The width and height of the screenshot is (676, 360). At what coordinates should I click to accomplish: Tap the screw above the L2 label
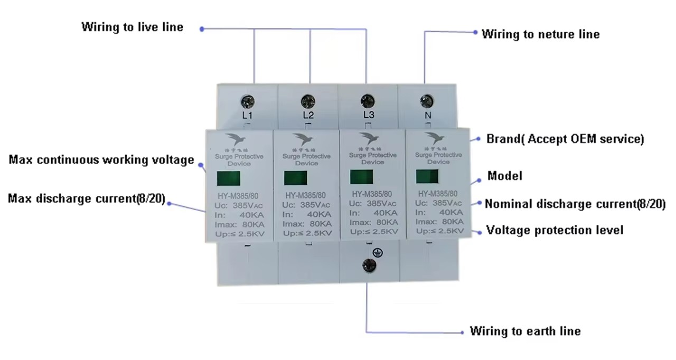pyautogui.click(x=308, y=101)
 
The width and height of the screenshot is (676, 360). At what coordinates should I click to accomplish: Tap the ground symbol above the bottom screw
pyautogui.click(x=376, y=252)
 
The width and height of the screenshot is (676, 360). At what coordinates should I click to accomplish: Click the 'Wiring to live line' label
pyautogui.click(x=132, y=27)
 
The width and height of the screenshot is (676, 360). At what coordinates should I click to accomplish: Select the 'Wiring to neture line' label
pyautogui.click(x=540, y=34)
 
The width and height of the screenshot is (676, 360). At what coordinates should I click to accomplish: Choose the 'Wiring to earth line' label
pyautogui.click(x=525, y=331)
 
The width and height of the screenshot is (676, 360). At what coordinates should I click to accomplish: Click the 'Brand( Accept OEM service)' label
pyautogui.click(x=565, y=139)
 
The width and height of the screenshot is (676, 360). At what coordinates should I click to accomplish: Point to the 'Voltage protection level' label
pyautogui.click(x=555, y=230)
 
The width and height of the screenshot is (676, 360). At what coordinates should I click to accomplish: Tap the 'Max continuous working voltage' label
pyautogui.click(x=101, y=160)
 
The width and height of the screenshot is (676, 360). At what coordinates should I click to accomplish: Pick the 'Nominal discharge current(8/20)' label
pyautogui.click(x=575, y=204)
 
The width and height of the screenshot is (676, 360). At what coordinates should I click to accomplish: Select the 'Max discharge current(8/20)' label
pyautogui.click(x=87, y=199)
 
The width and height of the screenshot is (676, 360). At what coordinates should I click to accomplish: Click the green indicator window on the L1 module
pyautogui.click(x=228, y=178)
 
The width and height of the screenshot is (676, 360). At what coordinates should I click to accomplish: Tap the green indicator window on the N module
pyautogui.click(x=427, y=176)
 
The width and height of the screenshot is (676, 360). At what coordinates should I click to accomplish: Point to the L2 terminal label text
pyautogui.click(x=308, y=115)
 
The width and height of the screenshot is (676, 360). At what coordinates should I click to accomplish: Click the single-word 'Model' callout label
pyautogui.click(x=504, y=176)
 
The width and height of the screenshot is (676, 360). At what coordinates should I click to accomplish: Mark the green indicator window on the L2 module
pyautogui.click(x=295, y=178)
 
